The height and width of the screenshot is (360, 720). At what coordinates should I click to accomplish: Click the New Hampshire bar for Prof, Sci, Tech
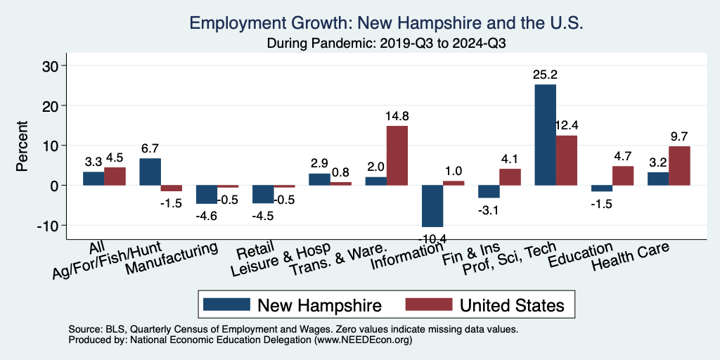pyautogui.click(x=545, y=135)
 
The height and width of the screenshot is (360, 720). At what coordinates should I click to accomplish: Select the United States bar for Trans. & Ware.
pyautogui.click(x=397, y=155)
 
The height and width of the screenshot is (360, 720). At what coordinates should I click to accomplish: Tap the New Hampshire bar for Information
pyautogui.click(x=432, y=206)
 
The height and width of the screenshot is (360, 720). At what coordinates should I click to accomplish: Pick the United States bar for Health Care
pyautogui.click(x=679, y=166)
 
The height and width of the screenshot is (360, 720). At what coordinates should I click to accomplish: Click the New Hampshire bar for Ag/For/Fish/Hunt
pyautogui.click(x=150, y=172)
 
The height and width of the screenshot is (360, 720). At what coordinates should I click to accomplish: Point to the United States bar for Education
pyautogui.click(x=623, y=176)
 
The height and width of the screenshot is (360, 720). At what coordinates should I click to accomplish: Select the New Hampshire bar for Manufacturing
pyautogui.click(x=206, y=194)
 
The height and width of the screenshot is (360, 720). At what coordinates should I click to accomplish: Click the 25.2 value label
pyautogui.click(x=545, y=74)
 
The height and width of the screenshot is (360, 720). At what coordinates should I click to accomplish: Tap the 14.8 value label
pyautogui.click(x=397, y=115)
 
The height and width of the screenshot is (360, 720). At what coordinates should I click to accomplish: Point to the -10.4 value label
pyautogui.click(x=432, y=238)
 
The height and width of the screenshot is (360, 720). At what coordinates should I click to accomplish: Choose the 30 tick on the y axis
pyautogui.click(x=53, y=65)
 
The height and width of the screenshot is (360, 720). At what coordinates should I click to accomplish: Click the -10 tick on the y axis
pyautogui.click(x=51, y=225)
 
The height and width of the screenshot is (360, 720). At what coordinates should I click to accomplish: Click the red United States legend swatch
pyautogui.click(x=428, y=305)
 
